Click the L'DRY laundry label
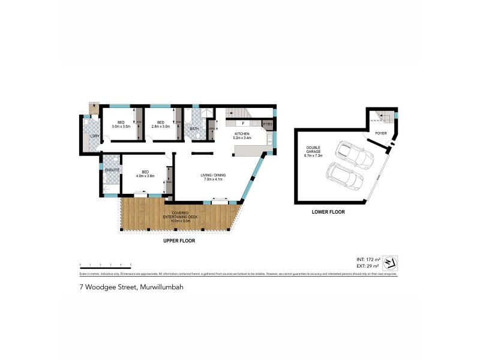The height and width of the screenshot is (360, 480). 94,136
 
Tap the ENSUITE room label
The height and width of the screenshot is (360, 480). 112,170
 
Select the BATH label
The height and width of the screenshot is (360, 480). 194,128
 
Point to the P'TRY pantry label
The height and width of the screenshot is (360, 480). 267,124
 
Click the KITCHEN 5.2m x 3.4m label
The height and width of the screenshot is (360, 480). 242,136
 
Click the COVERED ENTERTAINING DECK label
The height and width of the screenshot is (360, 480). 181,217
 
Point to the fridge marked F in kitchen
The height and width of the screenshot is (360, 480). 243,124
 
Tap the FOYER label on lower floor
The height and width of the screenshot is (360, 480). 381,133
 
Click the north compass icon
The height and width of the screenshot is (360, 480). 390,262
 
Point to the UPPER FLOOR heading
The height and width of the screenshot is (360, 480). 179,241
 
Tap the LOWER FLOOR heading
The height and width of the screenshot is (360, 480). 328,212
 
